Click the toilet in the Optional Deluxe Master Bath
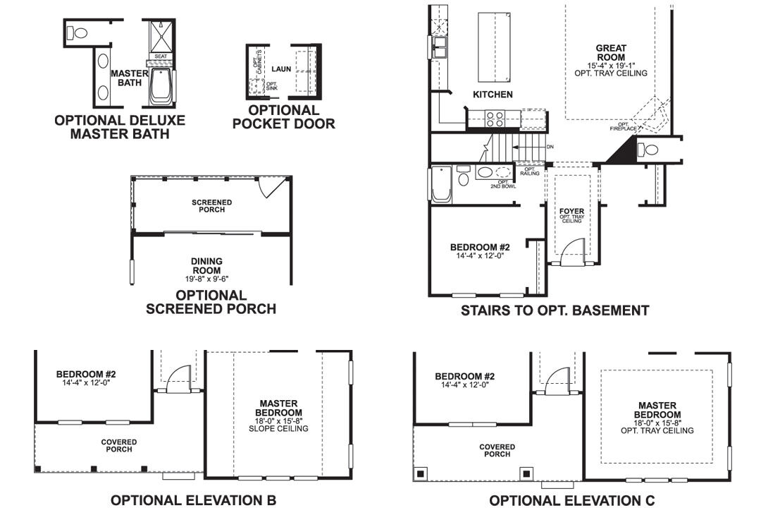[x=78, y=32]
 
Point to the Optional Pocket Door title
[x=283, y=117]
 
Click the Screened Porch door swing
[x=270, y=186]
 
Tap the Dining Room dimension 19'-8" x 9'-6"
[x=206, y=278]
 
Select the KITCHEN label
[x=493, y=95]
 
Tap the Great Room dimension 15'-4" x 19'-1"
[x=611, y=65]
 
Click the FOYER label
[x=571, y=210]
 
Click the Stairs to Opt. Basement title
[x=555, y=310]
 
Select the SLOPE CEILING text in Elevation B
[x=280, y=428]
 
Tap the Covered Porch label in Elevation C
[x=497, y=450]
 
